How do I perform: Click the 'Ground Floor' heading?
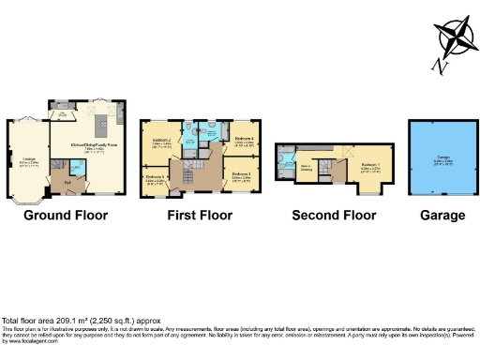pos(66,215)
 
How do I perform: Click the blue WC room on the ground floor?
pos(77,168)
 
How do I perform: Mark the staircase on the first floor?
pos(196,174)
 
